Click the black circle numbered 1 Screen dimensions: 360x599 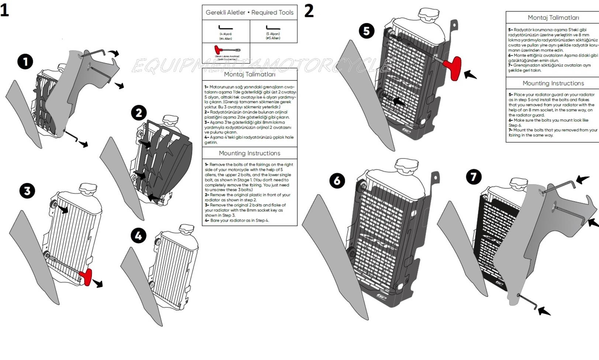25,62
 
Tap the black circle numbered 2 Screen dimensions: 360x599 139,113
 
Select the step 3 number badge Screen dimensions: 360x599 27,191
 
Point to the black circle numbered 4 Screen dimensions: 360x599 138,235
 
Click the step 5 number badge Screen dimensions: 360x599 366,31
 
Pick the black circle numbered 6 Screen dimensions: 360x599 337,181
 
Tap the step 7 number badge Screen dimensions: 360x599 474,177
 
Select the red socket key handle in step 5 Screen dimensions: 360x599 452,67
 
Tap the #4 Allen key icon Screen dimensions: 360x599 226,28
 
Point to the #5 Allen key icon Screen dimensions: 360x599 273,28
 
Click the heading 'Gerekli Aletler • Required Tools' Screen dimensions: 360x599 249,13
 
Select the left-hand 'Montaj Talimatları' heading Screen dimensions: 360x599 249,75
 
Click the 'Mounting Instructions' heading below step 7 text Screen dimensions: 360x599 553,83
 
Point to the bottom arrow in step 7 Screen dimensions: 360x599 544,311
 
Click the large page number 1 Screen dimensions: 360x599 4,10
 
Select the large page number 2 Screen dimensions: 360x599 309,11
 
